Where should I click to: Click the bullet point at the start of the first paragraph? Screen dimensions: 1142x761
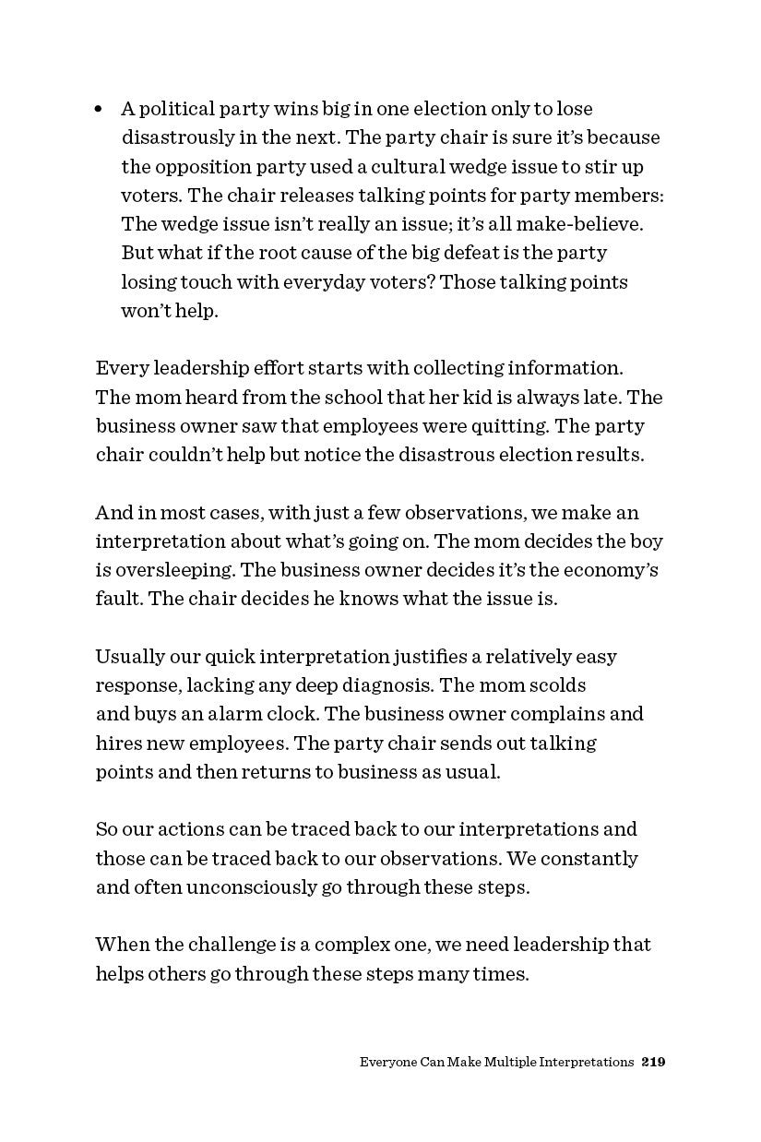[100, 109]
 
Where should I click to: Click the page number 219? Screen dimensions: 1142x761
[653, 1062]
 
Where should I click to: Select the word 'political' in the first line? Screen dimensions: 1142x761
[176, 109]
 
